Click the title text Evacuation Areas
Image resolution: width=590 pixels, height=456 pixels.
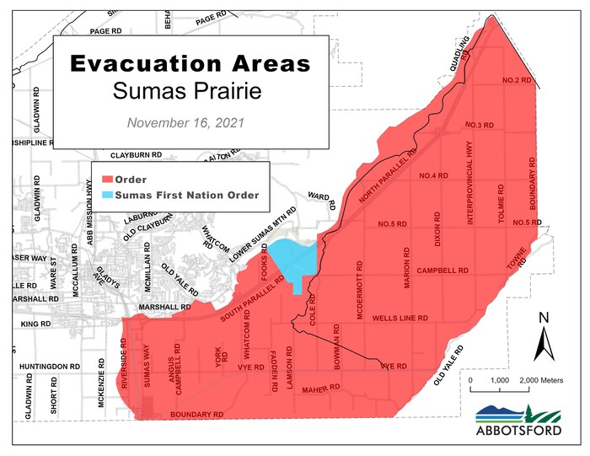coord(190,64)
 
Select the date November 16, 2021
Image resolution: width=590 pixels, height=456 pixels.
coord(185,122)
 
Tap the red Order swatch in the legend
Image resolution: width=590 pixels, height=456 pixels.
coord(108,180)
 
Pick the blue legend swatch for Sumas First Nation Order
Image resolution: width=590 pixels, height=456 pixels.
coord(108,195)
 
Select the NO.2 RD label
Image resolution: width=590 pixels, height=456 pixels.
coord(517,80)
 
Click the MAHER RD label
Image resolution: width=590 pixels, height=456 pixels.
coord(320,389)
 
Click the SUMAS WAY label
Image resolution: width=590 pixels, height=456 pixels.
coord(147,372)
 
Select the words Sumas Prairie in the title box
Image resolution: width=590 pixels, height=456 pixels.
coord(190,90)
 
